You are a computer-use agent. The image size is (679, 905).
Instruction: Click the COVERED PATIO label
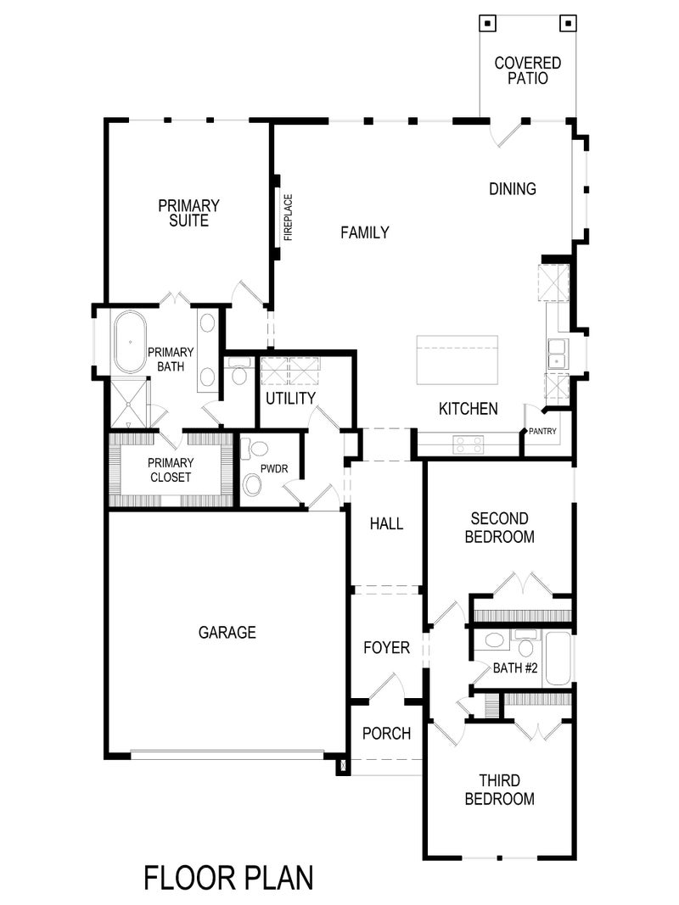tap(528, 70)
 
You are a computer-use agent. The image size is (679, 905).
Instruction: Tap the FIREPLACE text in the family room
tap(288, 218)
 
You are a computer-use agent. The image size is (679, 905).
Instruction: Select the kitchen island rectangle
tap(457, 359)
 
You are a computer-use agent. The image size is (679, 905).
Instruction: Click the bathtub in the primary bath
tap(130, 343)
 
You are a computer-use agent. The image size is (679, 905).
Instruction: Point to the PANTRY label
tap(542, 432)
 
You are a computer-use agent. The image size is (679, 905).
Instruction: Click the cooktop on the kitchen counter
tap(468, 441)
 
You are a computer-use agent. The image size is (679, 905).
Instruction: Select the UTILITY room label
tap(290, 398)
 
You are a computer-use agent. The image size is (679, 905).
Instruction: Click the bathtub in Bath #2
tap(558, 658)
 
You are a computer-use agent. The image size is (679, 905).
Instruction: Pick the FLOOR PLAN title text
tap(228, 878)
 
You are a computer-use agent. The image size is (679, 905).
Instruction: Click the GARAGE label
tap(227, 632)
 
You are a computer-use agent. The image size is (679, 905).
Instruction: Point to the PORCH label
tap(386, 733)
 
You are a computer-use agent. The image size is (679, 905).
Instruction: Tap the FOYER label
tap(386, 648)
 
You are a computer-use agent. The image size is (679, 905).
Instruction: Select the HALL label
tap(386, 524)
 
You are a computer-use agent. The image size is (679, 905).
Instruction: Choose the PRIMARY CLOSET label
tap(170, 470)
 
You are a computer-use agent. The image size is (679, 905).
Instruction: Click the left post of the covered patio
tap(488, 24)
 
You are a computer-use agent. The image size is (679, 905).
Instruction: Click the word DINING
tap(513, 189)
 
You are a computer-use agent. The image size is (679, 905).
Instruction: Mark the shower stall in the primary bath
tap(127, 405)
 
